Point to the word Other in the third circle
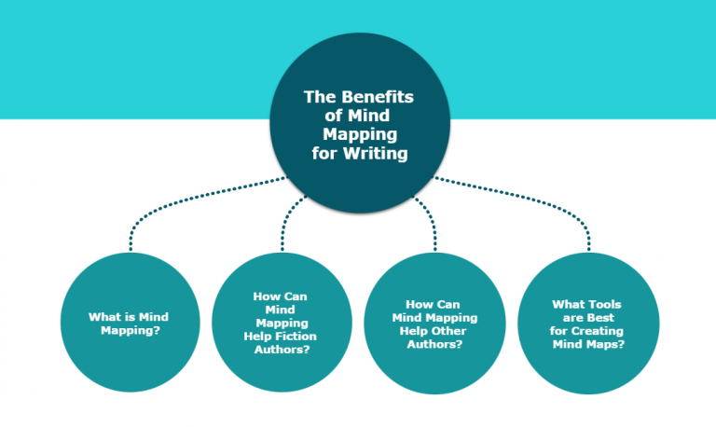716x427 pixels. (455, 330)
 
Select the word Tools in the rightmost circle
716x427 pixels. (601, 304)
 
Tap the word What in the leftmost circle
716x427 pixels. (103, 317)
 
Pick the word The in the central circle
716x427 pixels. (318, 95)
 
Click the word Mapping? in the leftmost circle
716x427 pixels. (129, 330)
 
